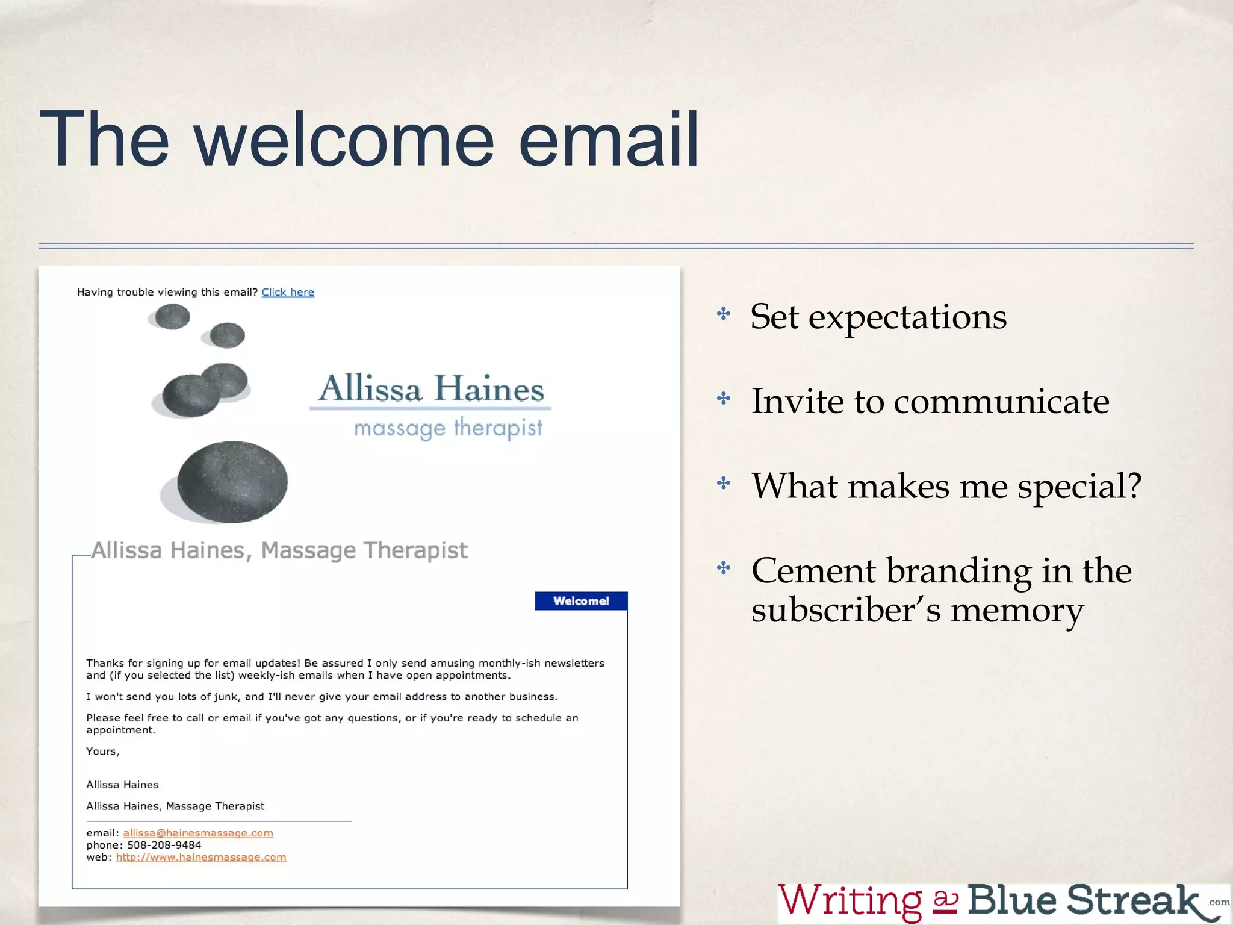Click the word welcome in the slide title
coord(344,140)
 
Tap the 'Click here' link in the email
coord(288,292)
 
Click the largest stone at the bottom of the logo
coord(232,482)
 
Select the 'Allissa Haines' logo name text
coord(431,388)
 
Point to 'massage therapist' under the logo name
coord(448,428)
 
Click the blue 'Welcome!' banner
coord(581,601)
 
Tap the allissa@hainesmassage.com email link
coord(198,833)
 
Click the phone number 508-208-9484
coord(164,845)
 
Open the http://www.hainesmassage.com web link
coord(201,857)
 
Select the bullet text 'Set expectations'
coord(878,317)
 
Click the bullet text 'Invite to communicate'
coord(930,401)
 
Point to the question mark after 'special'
coord(1134,485)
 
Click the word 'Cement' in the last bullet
coord(813,570)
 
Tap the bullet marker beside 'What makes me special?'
coord(724,483)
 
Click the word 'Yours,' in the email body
coord(103,752)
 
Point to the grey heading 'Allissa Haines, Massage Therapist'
coord(279,550)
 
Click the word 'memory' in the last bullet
coord(1017,611)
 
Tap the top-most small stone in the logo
coord(172,316)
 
